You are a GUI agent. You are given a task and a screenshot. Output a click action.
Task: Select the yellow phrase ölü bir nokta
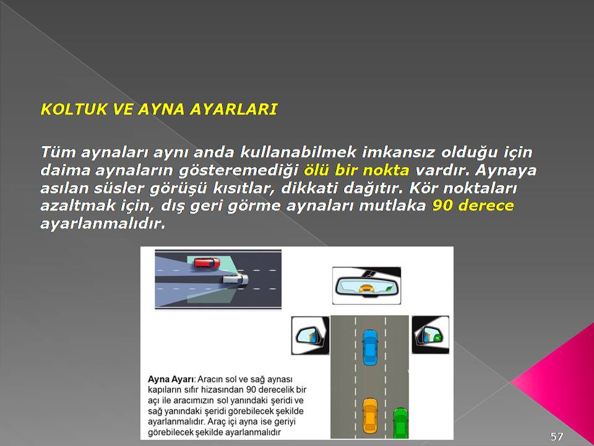point(356,170)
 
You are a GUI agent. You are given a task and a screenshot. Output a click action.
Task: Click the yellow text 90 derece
point(473,206)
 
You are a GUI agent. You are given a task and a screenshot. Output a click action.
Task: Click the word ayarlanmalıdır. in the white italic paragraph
point(103,224)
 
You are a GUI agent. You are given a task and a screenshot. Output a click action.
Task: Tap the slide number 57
point(556,437)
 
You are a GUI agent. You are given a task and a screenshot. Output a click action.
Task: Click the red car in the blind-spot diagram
point(207,263)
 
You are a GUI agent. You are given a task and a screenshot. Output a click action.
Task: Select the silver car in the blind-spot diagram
point(235,280)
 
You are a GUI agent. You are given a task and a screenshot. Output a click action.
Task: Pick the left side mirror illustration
point(310,335)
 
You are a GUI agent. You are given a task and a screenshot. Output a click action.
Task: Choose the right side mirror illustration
point(431,335)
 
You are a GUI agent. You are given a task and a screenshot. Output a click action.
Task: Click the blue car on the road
point(370,348)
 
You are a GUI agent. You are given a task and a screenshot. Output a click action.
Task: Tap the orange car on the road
point(370,416)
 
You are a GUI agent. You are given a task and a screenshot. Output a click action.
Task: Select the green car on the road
point(400,423)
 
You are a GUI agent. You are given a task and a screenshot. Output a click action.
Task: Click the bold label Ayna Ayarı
point(171,380)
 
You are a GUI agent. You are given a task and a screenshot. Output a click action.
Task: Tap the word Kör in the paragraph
point(423,188)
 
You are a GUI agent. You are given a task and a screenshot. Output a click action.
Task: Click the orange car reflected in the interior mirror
point(366,289)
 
